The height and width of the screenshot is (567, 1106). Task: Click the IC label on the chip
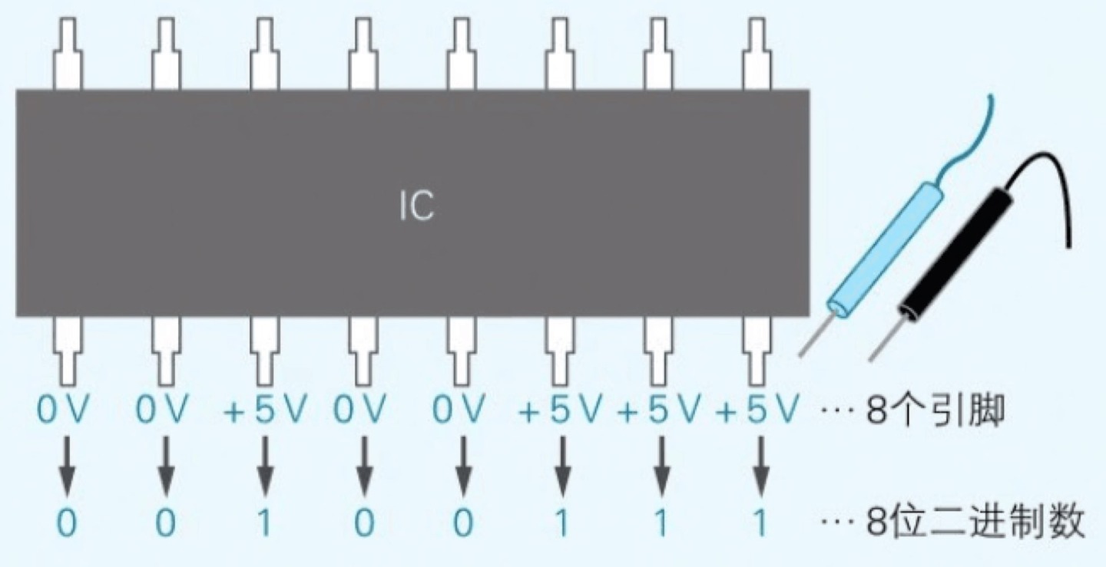coord(417,206)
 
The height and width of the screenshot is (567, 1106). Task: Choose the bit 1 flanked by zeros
coord(264,524)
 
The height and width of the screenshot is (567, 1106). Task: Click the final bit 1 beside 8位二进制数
coord(760,524)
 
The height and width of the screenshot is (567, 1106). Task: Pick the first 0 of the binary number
coord(67,524)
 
